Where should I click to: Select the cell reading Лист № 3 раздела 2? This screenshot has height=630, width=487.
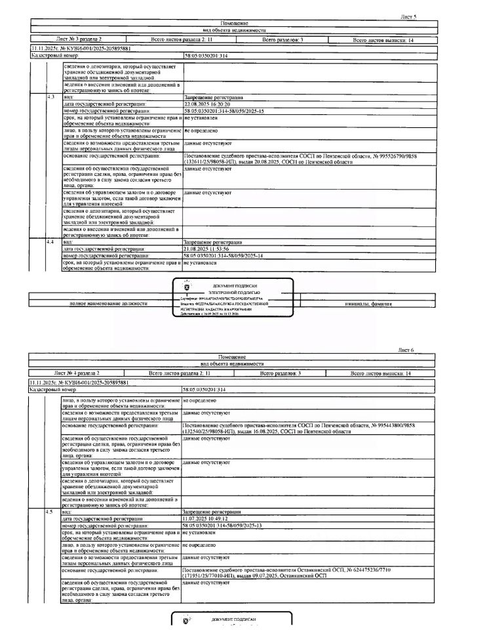(x=79, y=40)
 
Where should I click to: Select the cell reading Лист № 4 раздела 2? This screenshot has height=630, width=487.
(x=78, y=373)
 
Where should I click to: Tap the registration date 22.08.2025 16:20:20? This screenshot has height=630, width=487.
(x=206, y=104)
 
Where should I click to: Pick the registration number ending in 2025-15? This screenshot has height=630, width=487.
(x=224, y=111)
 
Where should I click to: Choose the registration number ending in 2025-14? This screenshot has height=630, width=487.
(x=224, y=256)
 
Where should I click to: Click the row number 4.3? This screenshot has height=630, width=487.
(x=50, y=96)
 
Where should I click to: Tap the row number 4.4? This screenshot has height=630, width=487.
(x=50, y=242)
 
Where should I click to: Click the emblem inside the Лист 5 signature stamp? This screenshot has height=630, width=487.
(x=185, y=287)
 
